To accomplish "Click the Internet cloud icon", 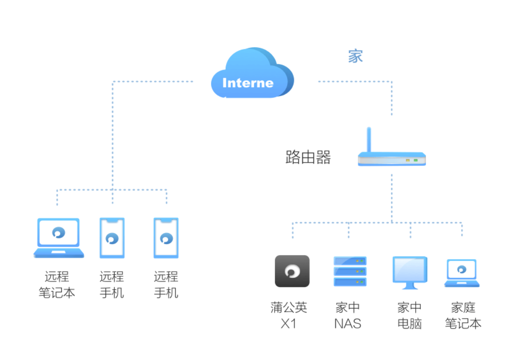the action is click(252, 73).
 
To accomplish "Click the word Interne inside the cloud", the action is click(248, 83).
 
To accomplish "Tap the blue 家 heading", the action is click(356, 56).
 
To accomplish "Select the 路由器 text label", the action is click(308, 157).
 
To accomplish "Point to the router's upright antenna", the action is click(369, 140).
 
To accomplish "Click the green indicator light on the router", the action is click(416, 160).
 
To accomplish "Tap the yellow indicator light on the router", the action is click(407, 160).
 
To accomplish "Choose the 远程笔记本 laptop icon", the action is click(59, 238).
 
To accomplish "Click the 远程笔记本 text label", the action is click(57, 284).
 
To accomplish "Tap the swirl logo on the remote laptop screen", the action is click(59, 232).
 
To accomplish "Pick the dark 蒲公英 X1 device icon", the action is click(292, 271).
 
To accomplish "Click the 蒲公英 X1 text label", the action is click(289, 315).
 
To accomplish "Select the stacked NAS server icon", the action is click(350, 271).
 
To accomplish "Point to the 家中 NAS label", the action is click(348, 315).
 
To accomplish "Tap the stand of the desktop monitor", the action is click(410, 286).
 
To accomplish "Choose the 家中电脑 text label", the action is click(410, 315).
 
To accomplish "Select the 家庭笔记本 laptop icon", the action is click(462, 273).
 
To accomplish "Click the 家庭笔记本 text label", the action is click(463, 315).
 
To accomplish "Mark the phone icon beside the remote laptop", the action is click(112, 238).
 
